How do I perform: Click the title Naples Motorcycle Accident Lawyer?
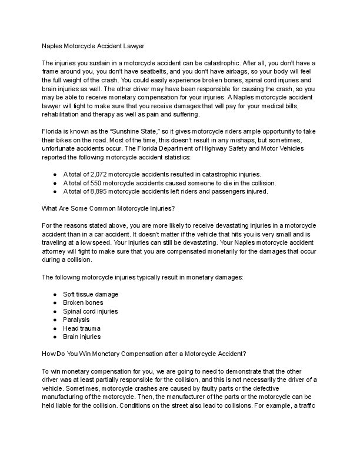[92, 45]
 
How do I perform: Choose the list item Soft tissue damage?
[91, 294]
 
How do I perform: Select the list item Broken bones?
[82, 302]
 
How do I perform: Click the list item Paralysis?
[76, 319]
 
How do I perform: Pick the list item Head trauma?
[82, 328]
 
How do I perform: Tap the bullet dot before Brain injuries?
[55, 337]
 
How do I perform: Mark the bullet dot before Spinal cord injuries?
[55, 311]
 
